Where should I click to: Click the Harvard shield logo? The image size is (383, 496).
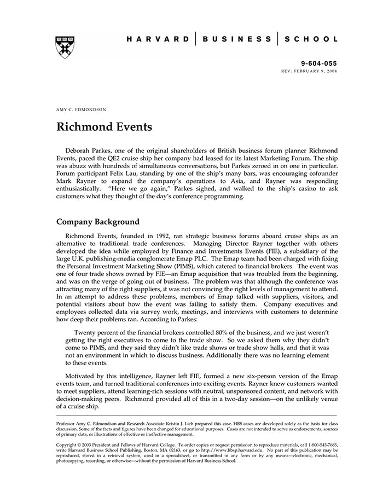pos(65,47)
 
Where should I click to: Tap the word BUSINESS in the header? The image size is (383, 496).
pos(236,39)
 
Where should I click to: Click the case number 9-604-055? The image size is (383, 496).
pos(320,64)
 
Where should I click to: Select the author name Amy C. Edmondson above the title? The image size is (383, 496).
pos(82,109)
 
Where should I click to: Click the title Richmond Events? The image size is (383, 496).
pos(104,128)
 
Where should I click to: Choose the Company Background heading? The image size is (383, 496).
pos(98,222)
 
